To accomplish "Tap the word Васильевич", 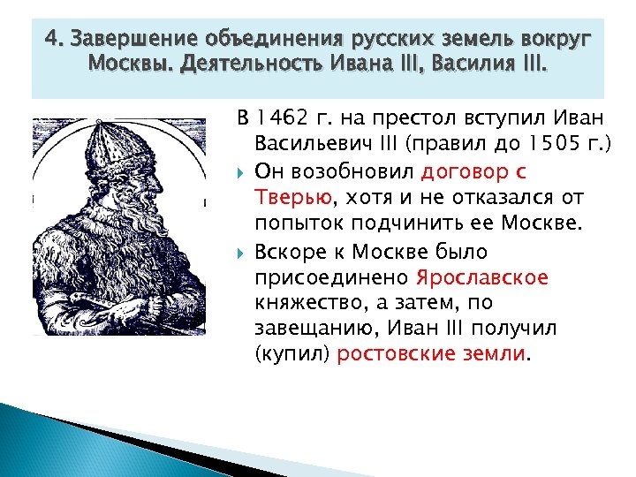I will (x=310, y=142).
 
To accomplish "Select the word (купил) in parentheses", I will (x=283, y=353).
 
